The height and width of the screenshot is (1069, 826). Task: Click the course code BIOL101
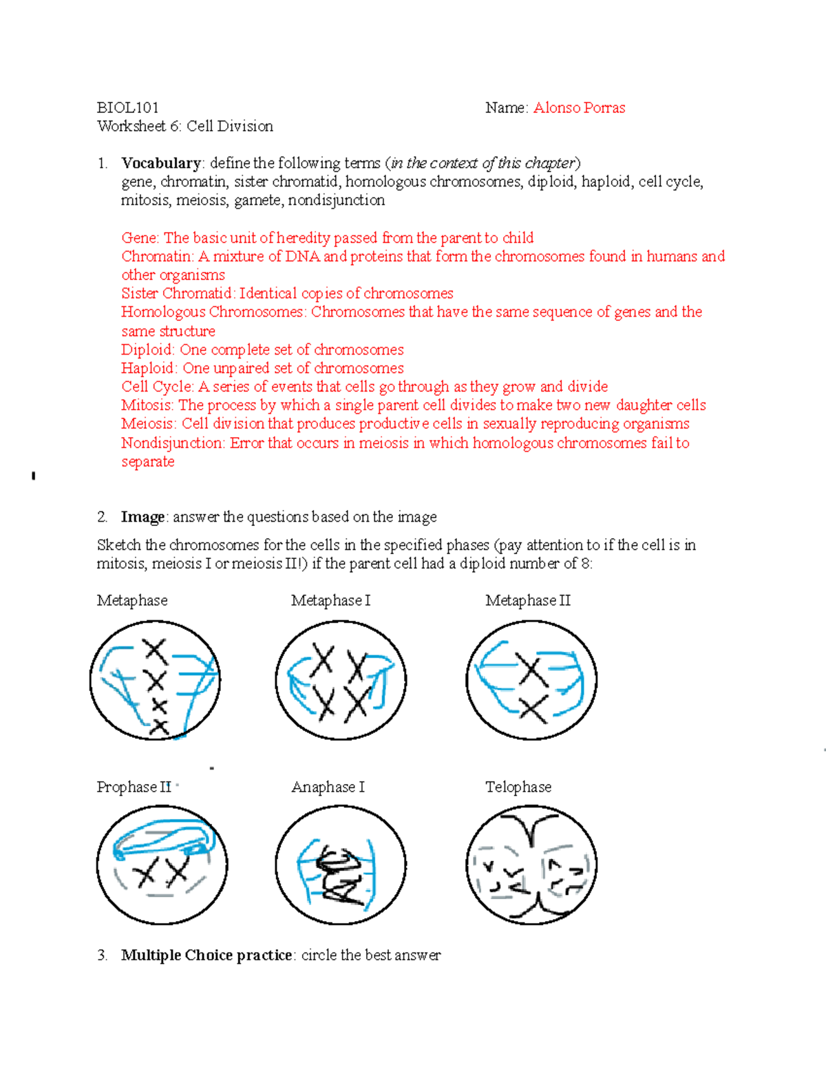tap(127, 107)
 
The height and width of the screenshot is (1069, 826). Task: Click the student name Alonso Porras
tap(579, 107)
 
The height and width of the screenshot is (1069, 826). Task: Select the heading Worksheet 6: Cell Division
tap(185, 126)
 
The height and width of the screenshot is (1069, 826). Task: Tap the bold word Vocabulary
tap(161, 163)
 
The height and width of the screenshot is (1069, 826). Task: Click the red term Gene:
tap(140, 238)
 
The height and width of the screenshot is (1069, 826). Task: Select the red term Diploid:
tap(149, 350)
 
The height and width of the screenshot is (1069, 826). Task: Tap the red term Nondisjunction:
tap(173, 443)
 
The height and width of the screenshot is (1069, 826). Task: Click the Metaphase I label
tap(330, 600)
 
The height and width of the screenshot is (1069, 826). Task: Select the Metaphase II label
tap(528, 600)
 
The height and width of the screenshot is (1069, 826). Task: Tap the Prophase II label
tap(134, 787)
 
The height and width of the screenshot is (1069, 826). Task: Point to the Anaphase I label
tap(328, 787)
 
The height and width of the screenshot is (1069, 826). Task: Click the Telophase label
tap(518, 787)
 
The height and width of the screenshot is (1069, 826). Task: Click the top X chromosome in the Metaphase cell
tap(155, 650)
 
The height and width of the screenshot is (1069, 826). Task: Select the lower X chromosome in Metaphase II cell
tap(533, 709)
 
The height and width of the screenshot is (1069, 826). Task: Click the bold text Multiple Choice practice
tap(206, 955)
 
